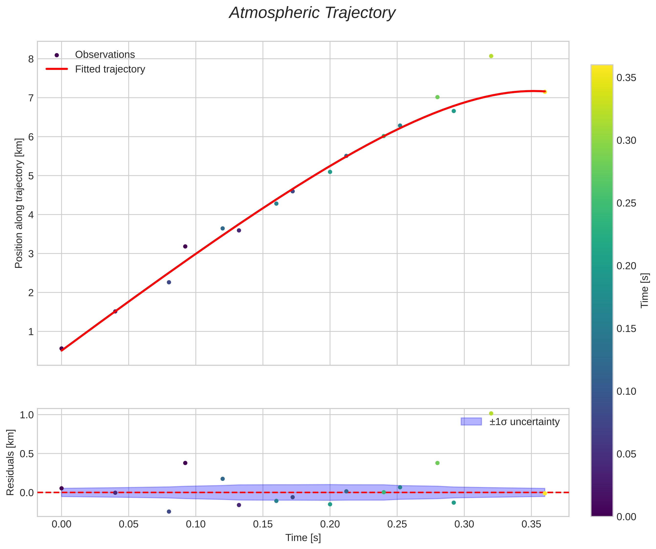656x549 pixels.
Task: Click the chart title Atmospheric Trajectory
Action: pos(312,13)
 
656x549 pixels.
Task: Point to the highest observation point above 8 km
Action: pos(491,56)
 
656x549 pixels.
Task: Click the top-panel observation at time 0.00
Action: pos(62,348)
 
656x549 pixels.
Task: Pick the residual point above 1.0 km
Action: pos(491,413)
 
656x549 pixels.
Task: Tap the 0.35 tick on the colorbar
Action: pos(626,78)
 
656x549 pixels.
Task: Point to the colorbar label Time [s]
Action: pos(645,290)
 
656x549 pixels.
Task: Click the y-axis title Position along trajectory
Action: pos(19,203)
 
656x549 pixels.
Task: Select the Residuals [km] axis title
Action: pos(11,462)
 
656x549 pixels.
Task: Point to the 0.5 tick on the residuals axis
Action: pos(27,453)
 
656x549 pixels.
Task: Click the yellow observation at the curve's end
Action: pos(545,92)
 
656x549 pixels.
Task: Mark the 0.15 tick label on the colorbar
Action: pos(626,329)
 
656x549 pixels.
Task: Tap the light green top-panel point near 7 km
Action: pos(437,97)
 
